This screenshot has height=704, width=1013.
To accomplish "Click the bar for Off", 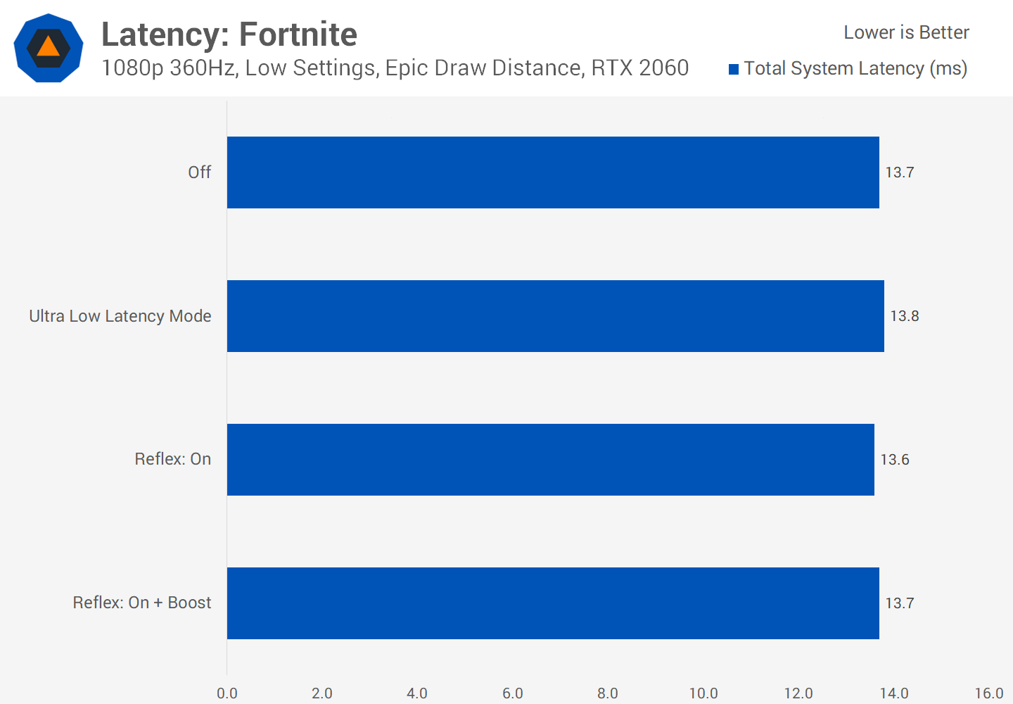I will [x=553, y=172].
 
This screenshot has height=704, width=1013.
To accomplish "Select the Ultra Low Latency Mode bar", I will [x=555, y=316].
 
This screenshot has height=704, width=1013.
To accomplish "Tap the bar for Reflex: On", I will [x=550, y=460].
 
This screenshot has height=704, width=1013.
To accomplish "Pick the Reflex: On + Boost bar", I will [x=553, y=603].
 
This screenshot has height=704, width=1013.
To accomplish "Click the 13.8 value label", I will [x=904, y=316].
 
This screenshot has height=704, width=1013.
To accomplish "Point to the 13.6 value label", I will [x=894, y=460].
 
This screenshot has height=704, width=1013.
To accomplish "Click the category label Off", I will [x=199, y=172].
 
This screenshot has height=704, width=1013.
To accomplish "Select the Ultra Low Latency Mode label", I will [x=120, y=316].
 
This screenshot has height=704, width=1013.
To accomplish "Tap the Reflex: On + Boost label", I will [x=142, y=603].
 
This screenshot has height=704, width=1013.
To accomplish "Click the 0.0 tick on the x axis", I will [x=227, y=693].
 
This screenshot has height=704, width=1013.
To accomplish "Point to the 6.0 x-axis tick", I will [x=513, y=693].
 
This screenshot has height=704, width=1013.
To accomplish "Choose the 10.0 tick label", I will [x=703, y=693].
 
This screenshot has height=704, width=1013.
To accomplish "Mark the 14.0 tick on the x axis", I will [x=893, y=693].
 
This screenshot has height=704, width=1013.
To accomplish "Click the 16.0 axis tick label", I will [x=988, y=693].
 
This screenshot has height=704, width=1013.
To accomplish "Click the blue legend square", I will [x=734, y=69].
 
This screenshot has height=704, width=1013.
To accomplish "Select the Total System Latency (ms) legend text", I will [x=855, y=68].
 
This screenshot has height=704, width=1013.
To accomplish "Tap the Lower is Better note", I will [x=906, y=32].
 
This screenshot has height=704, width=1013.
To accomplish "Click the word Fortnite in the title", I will [x=298, y=34].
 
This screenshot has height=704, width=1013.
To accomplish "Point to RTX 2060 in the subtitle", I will [x=639, y=68].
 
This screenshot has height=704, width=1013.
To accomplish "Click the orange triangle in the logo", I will [x=48, y=46].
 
